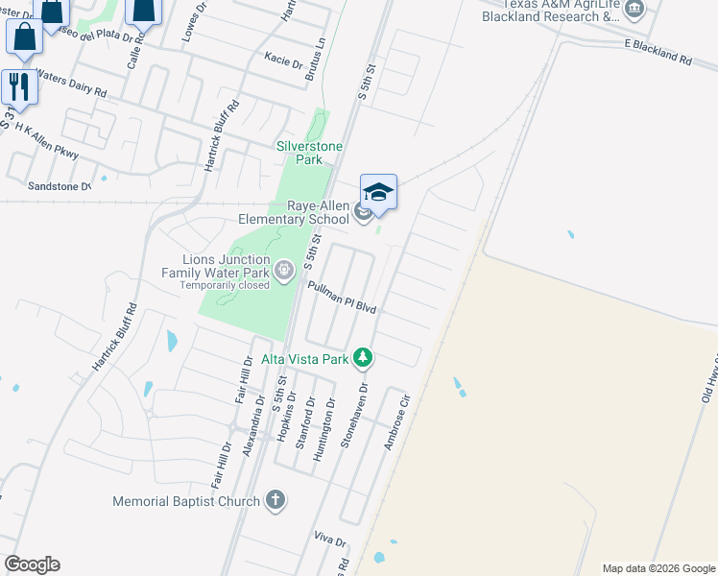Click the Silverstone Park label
[x=309, y=153]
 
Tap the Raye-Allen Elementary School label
[x=295, y=212]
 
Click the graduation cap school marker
[x=378, y=193]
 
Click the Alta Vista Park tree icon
[x=363, y=358]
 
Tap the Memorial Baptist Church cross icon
[x=275, y=499]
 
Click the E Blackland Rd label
[x=658, y=51]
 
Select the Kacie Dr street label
[x=283, y=60]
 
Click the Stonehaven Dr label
[x=353, y=418]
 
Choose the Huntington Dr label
[x=325, y=430]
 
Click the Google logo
[x=32, y=564]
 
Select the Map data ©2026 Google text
[x=658, y=568]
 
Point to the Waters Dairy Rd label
[x=72, y=84]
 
